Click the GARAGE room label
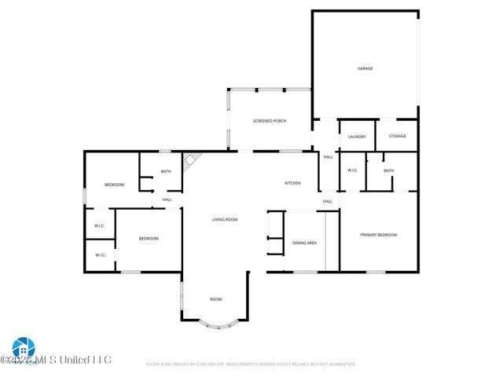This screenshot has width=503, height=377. tap(365, 68)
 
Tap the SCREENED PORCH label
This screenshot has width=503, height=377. tap(269, 121)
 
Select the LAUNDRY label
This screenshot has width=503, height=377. tap(357, 137)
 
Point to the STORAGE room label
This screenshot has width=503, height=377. tap(398, 137)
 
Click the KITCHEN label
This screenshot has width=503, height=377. tap(292, 183)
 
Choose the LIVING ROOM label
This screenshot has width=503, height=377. tap(225, 219)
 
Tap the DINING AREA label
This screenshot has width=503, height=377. tap(304, 243)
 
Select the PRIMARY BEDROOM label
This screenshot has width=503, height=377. tap(378, 235)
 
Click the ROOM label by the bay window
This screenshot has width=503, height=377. tap(215, 299)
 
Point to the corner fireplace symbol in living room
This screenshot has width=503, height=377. tap(189, 162)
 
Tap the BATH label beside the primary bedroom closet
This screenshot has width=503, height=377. tap(388, 170)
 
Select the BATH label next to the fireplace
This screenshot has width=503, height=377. tap(166, 171)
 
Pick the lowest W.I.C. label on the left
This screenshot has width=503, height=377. tap(101, 254)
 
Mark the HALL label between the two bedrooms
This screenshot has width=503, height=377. tap(167, 199)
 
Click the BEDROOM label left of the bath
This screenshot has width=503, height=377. tap(115, 185)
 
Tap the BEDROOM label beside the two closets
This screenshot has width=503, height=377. tap(149, 238)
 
